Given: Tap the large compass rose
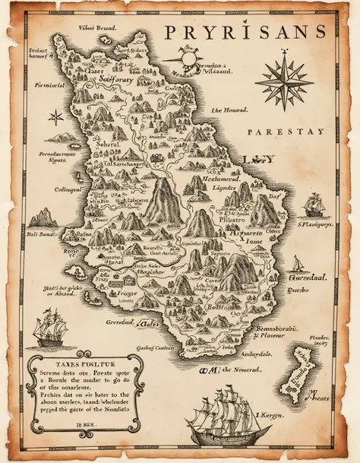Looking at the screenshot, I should [283, 80].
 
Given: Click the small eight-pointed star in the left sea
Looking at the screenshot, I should [55, 117].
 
